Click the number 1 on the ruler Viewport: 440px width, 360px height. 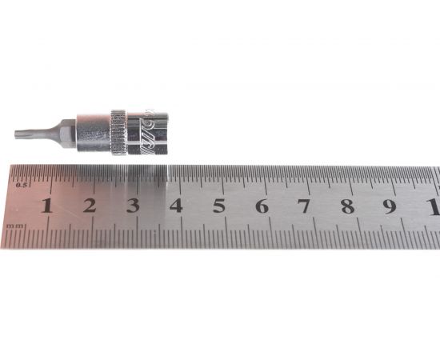46,206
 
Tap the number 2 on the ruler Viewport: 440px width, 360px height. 89,206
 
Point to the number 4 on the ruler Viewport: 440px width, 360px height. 175,206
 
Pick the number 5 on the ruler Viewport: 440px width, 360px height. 218,206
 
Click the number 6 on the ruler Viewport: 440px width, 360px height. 262,206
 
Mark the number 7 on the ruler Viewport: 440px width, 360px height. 304,206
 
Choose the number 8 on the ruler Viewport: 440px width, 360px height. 347,206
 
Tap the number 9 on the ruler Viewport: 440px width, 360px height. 390,206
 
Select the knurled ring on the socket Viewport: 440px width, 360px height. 118,130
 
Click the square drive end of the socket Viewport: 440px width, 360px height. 160,133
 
